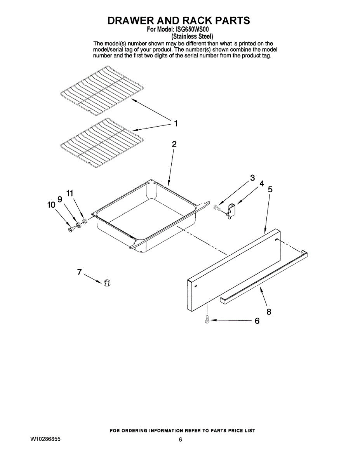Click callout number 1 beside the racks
(176, 123)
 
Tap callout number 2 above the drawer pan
(174, 144)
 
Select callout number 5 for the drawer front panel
(270, 190)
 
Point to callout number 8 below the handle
(269, 311)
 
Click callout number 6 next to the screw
(257, 321)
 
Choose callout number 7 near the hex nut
(79, 272)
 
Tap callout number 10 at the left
(51, 205)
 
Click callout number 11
(70, 193)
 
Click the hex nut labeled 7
(106, 283)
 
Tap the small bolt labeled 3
(217, 208)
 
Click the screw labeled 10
(71, 229)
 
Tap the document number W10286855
(45, 439)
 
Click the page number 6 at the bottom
(180, 440)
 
